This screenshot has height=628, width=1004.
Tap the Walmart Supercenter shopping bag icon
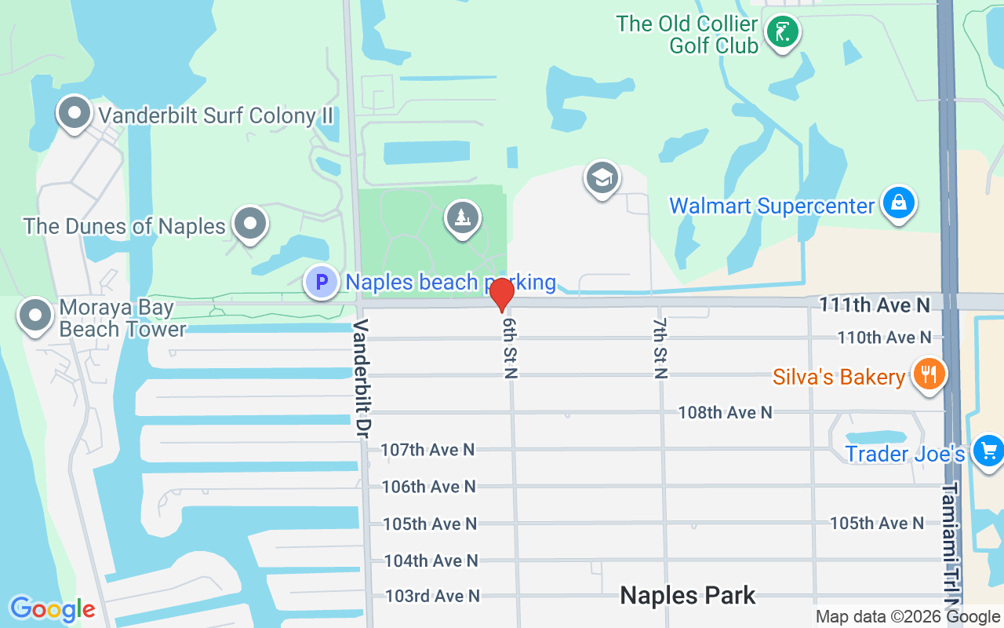[x=898, y=203]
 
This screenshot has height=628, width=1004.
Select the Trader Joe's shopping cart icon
[x=988, y=451]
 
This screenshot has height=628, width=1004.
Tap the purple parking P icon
[x=322, y=282]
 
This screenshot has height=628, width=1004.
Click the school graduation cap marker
[x=602, y=178]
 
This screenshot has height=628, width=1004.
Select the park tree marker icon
[x=463, y=217]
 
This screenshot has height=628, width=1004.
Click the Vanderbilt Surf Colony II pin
[x=75, y=113]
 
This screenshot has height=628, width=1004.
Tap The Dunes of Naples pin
[x=250, y=224]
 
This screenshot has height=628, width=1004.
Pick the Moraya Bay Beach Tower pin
[x=35, y=315]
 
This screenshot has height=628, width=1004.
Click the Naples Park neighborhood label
[x=688, y=595]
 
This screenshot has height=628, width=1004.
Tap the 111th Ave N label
[x=875, y=305]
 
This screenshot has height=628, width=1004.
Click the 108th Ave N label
[x=725, y=412]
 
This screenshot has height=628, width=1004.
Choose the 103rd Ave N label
[x=432, y=596]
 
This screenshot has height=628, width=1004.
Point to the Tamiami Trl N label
[x=951, y=542]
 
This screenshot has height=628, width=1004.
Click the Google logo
[x=52, y=609]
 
